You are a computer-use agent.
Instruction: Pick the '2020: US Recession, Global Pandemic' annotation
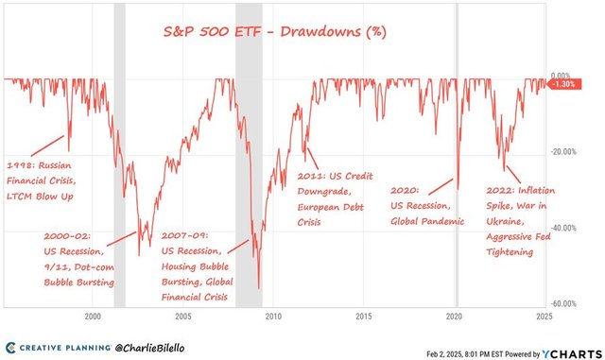coord(427,206)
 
